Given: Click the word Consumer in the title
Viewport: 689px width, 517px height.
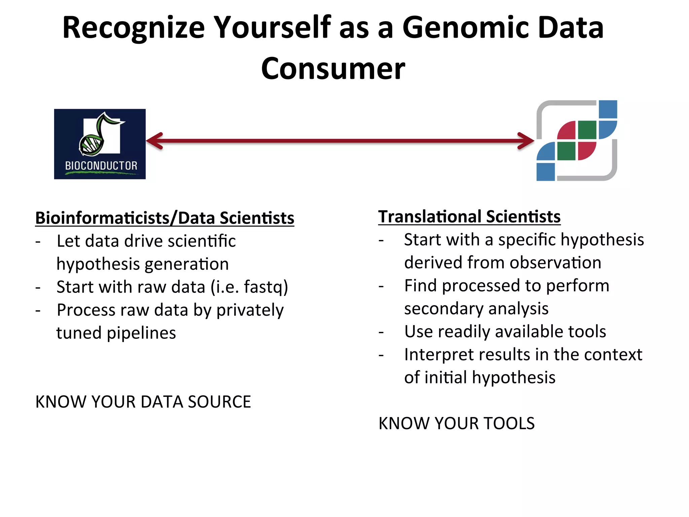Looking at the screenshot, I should [333, 69].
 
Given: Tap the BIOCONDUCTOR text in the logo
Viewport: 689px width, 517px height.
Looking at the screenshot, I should [101, 166].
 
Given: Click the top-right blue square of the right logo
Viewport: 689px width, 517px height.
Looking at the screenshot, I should [608, 109].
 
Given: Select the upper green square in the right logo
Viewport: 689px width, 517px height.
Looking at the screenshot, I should [587, 130].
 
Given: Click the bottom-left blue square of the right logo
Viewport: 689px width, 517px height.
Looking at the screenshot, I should [545, 172].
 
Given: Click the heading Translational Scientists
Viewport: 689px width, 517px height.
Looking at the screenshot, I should [469, 216].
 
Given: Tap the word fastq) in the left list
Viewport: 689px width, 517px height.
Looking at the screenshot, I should [266, 287].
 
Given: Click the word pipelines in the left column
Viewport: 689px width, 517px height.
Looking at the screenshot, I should [141, 333].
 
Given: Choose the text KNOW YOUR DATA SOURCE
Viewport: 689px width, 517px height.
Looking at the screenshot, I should [143, 402].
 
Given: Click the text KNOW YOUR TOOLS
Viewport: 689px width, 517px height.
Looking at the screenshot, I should [456, 423].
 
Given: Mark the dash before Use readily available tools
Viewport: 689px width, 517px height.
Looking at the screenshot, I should [381, 333].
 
